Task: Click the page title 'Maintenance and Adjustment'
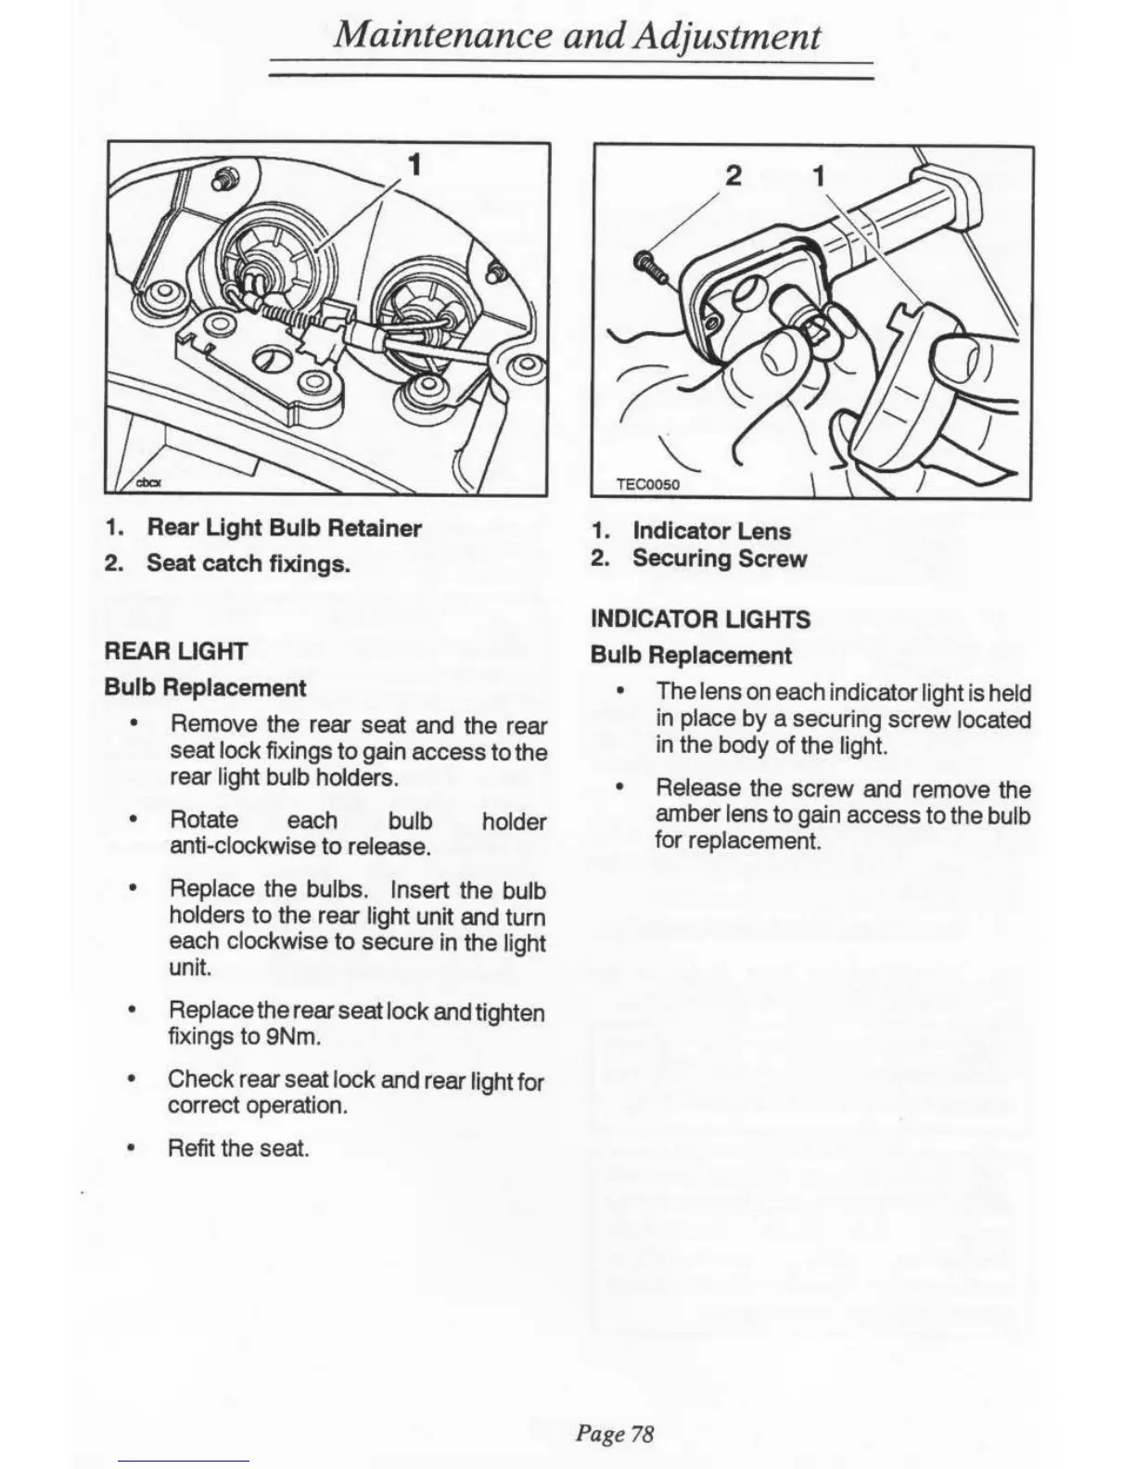click(x=577, y=36)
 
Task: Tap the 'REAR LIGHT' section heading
click(x=176, y=651)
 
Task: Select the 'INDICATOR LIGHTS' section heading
click(x=700, y=620)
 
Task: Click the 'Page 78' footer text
click(x=615, y=1434)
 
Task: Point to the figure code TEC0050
click(x=648, y=484)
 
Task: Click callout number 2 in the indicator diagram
click(x=733, y=175)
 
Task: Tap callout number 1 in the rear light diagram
click(x=415, y=165)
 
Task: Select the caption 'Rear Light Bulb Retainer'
click(x=284, y=529)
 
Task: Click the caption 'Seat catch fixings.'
click(x=249, y=563)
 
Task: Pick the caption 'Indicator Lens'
click(x=711, y=531)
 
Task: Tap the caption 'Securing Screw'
click(x=720, y=558)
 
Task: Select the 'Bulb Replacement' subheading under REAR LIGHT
click(x=205, y=688)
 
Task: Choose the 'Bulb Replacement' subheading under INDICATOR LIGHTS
click(x=691, y=656)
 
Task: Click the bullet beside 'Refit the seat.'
click(x=135, y=1148)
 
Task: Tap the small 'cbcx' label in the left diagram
click(x=149, y=482)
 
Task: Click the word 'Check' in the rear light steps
click(x=200, y=1079)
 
